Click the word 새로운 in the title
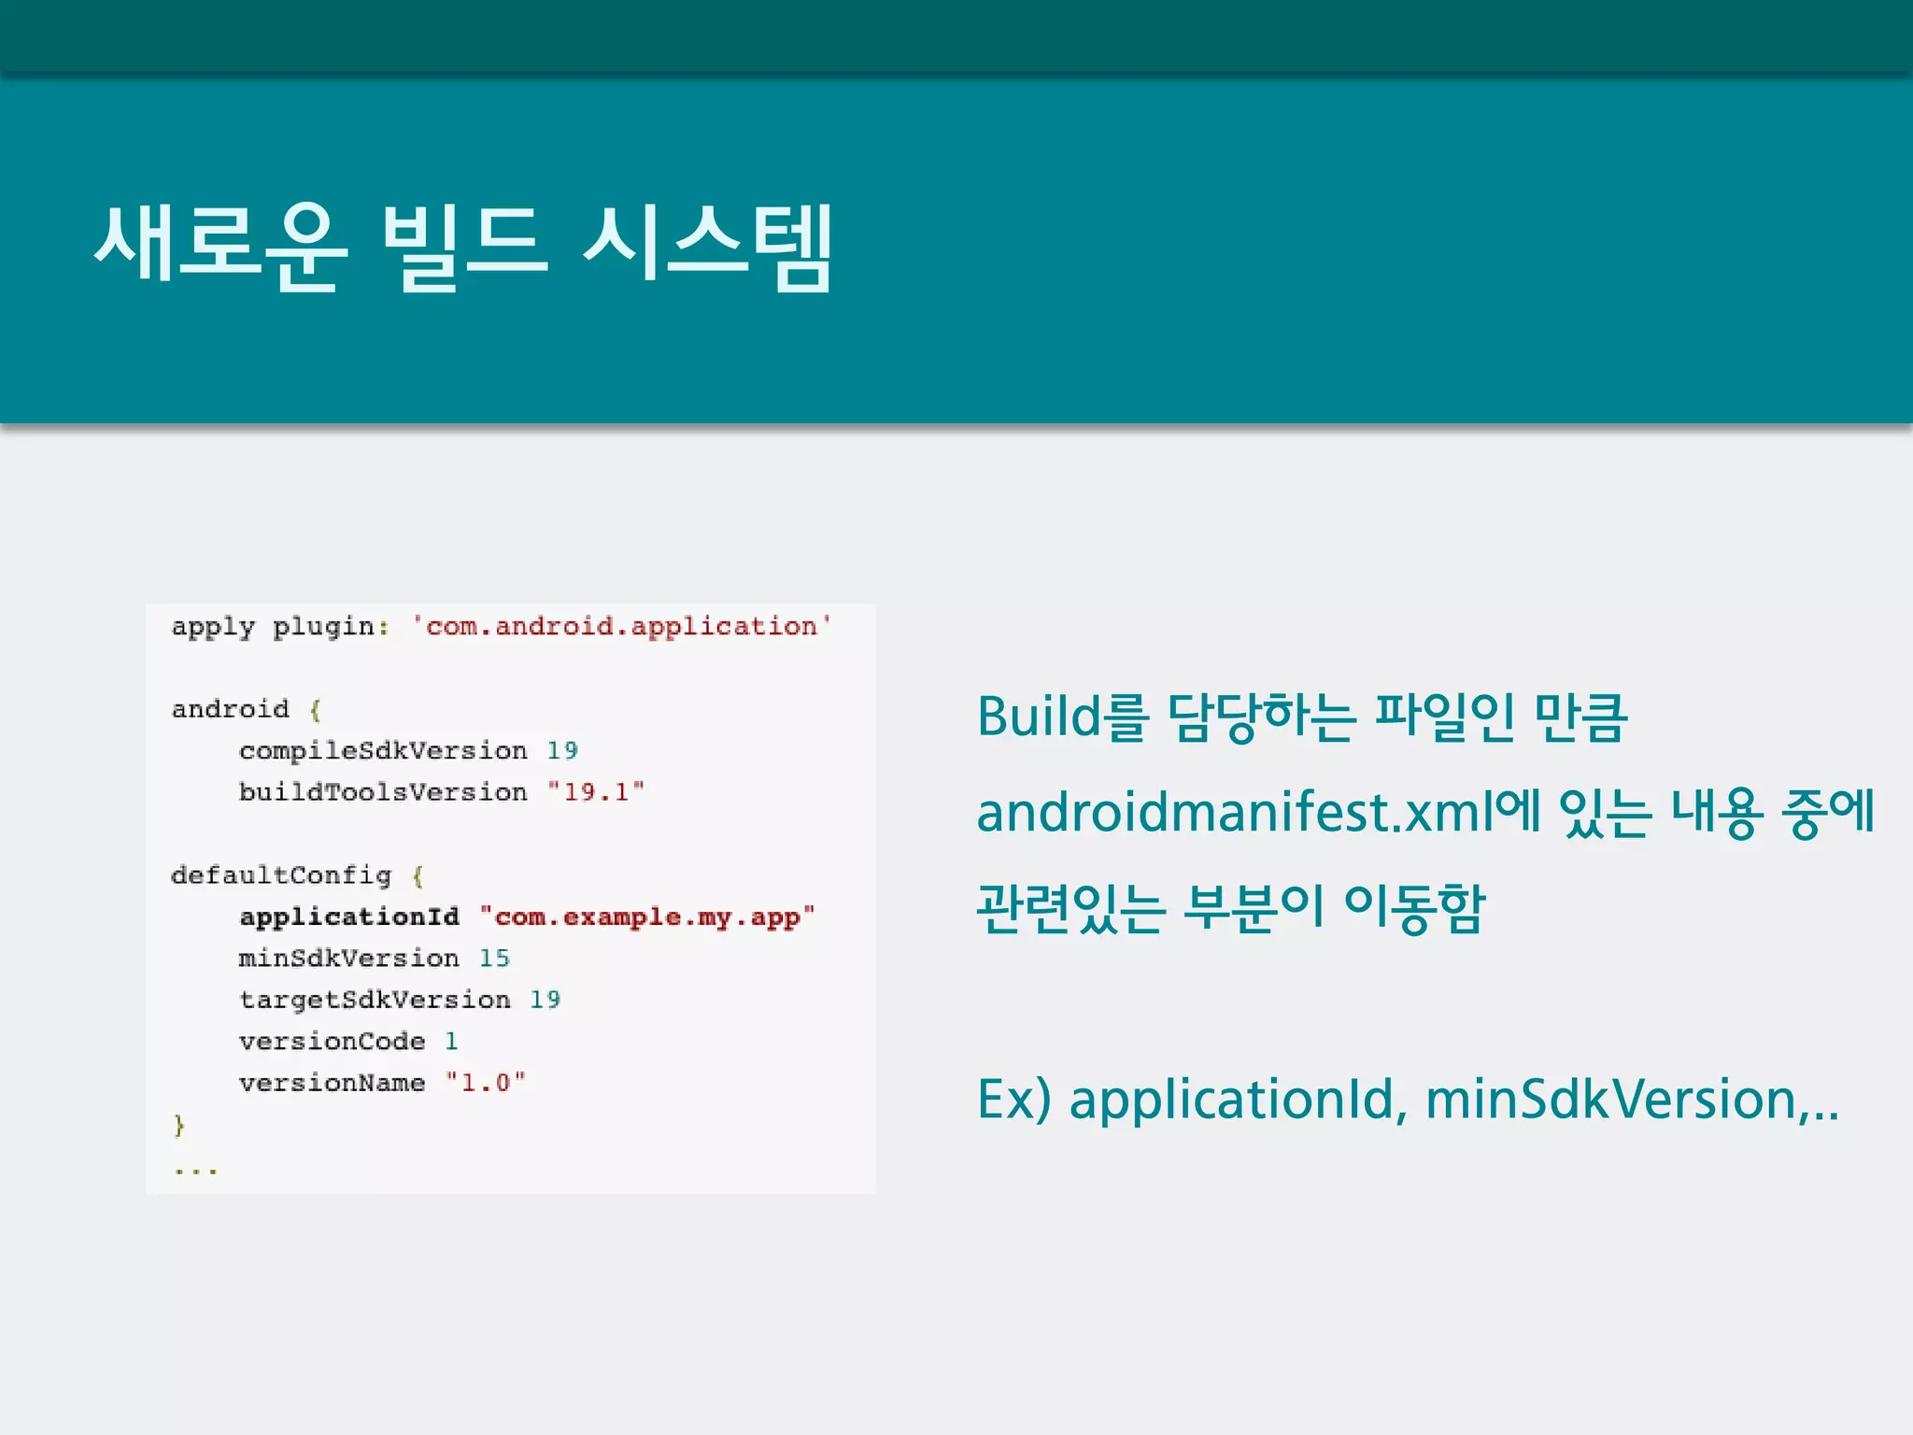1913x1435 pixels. [x=220, y=246]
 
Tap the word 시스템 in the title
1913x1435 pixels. [x=707, y=246]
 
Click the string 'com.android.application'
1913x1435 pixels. [x=621, y=626]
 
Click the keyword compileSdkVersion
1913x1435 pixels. [x=383, y=751]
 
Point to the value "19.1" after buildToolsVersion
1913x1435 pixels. [x=596, y=792]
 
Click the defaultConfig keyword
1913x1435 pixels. [x=281, y=875]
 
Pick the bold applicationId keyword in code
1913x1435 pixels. [x=349, y=916]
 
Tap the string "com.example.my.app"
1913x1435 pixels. [x=646, y=917]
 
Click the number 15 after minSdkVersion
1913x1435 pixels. [x=494, y=959]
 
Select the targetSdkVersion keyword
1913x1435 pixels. [x=375, y=1000]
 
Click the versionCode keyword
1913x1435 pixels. [x=332, y=1041]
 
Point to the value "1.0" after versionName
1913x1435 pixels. [x=486, y=1083]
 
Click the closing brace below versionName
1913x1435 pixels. [x=179, y=1125]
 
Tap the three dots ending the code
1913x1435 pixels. [x=195, y=1169]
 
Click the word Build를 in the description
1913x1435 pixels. [x=1061, y=717]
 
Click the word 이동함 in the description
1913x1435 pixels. [x=1413, y=907]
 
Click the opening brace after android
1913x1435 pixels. [x=316, y=710]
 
